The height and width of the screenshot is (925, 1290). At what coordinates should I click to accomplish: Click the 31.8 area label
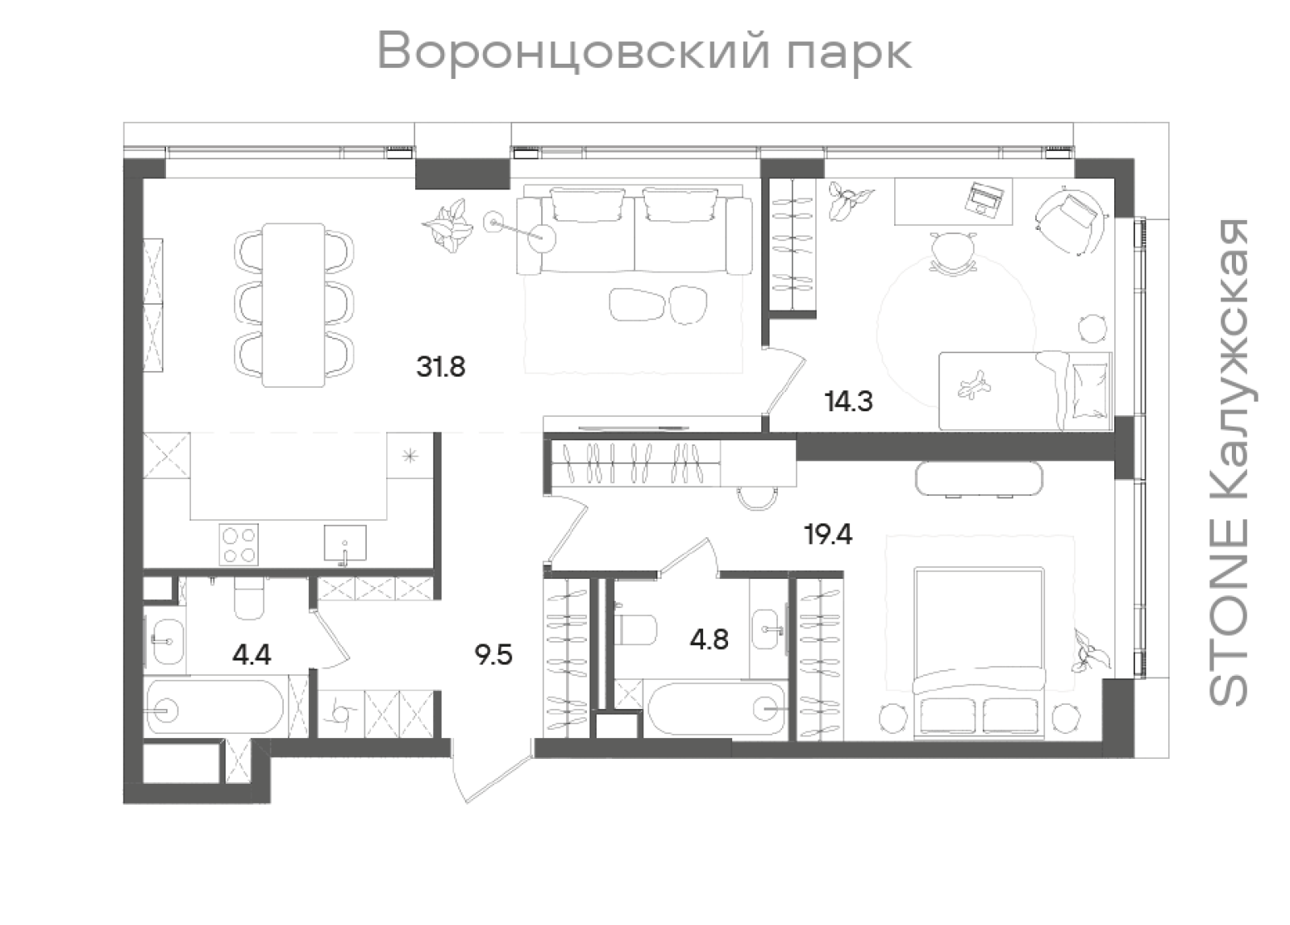(x=441, y=367)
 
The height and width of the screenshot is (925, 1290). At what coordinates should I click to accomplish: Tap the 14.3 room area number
(x=848, y=400)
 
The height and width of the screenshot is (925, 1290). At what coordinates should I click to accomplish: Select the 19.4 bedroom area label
(x=828, y=534)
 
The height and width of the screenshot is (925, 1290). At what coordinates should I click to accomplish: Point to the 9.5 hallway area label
(x=493, y=654)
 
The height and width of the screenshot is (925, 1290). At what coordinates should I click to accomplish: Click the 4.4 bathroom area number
(x=251, y=654)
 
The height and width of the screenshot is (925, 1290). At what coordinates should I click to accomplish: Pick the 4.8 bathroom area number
(x=709, y=639)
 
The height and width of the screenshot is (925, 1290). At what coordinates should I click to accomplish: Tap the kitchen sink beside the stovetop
(x=345, y=543)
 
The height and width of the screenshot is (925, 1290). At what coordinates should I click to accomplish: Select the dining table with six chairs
(x=293, y=305)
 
